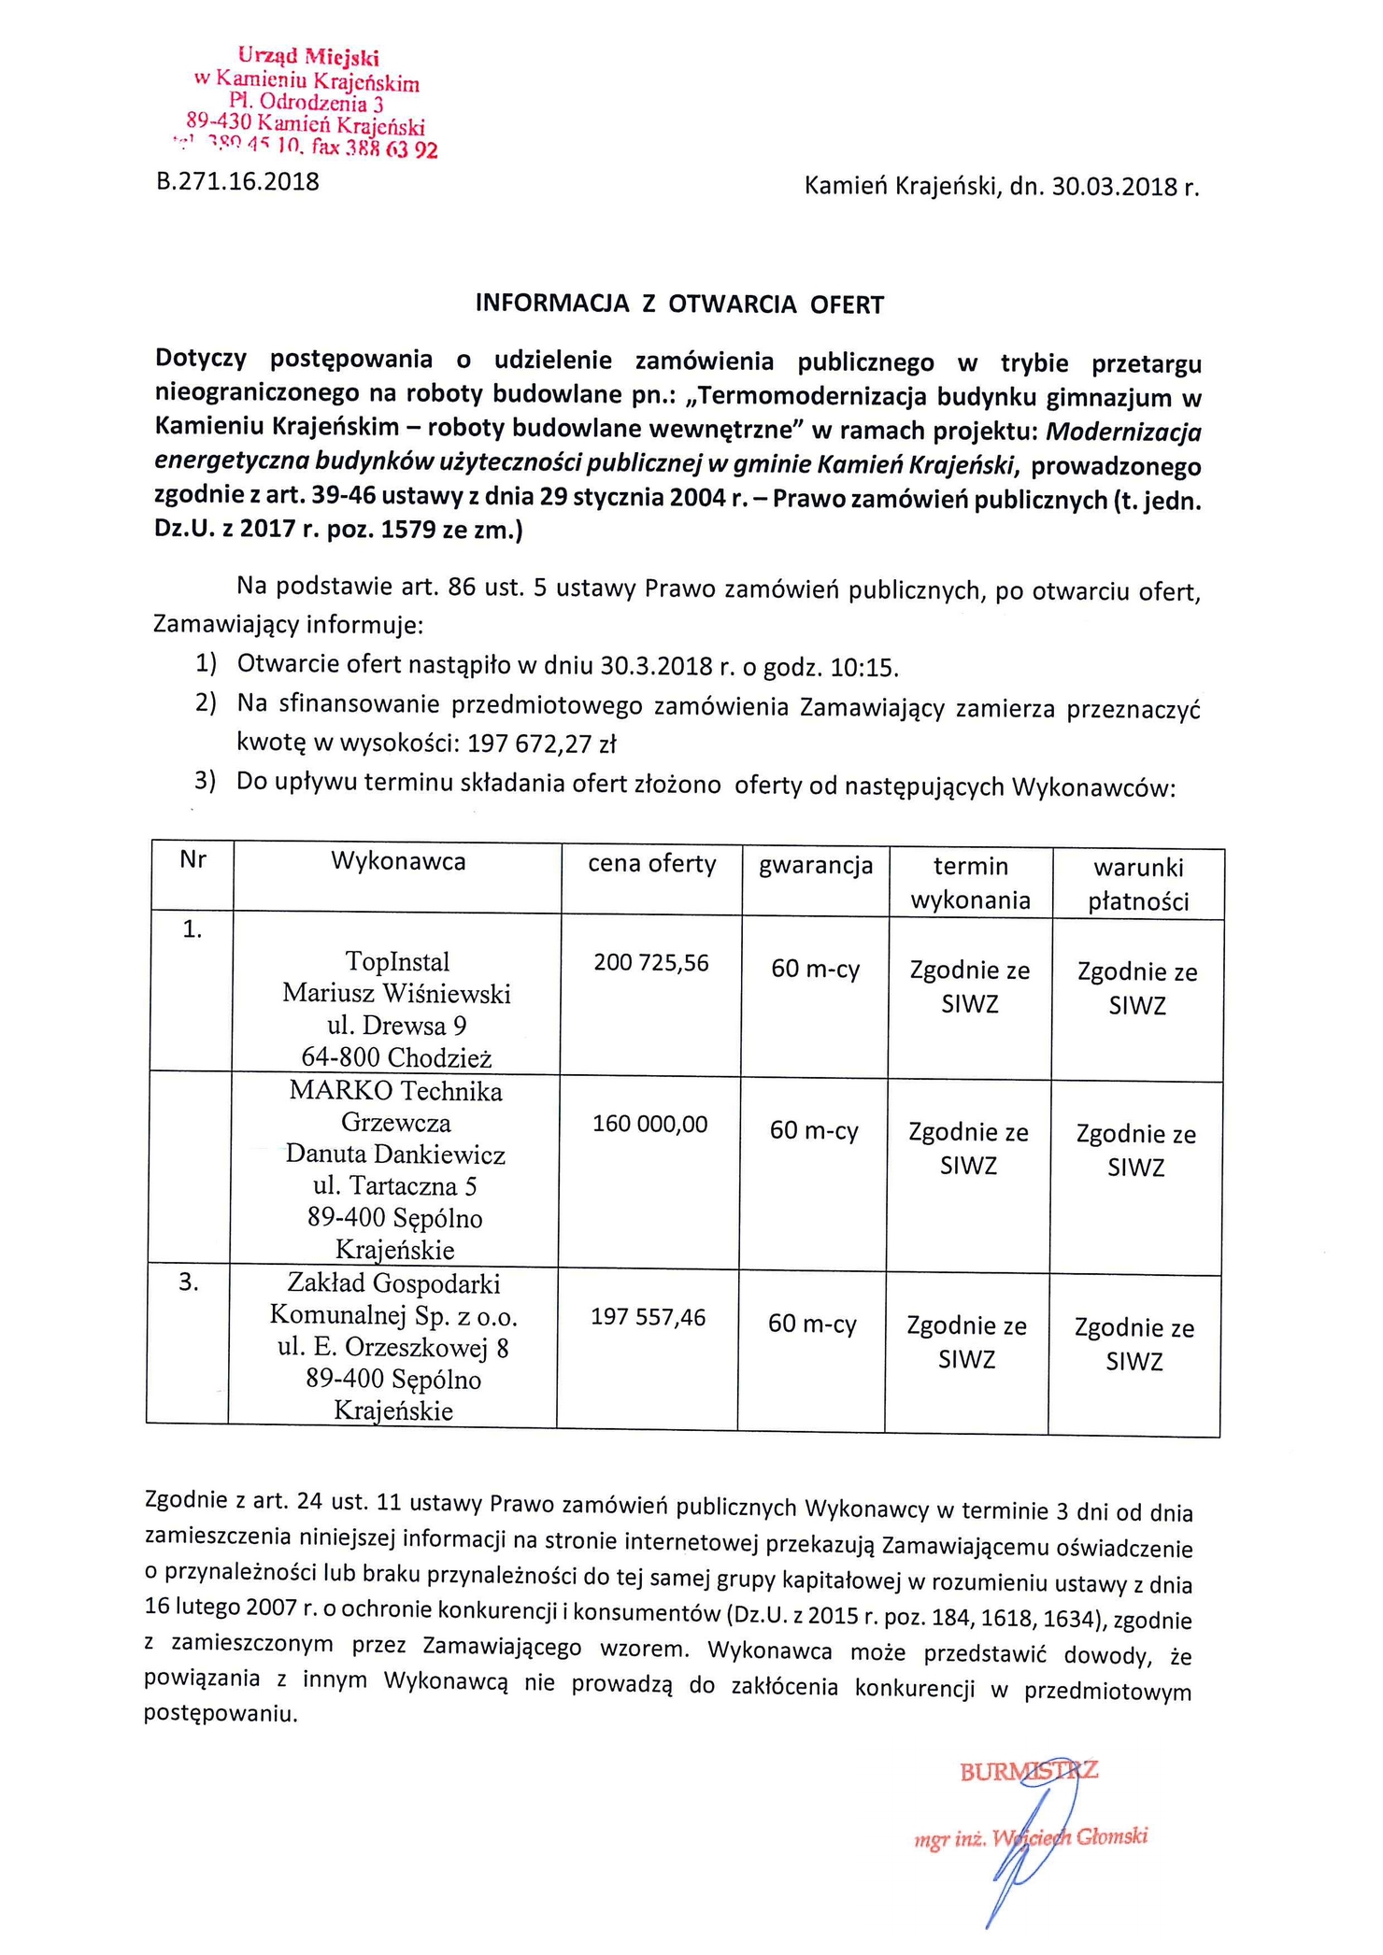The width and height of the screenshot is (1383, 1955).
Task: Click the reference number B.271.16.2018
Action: click(237, 181)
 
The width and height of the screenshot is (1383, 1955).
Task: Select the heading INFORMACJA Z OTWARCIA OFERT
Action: click(679, 305)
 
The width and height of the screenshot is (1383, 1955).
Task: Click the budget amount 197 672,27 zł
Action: click(543, 744)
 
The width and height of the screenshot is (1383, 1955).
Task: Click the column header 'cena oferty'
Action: click(651, 864)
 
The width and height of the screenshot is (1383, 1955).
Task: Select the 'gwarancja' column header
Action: click(816, 866)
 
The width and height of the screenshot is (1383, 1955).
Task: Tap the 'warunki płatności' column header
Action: click(1138, 884)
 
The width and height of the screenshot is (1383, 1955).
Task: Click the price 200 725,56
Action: click(651, 963)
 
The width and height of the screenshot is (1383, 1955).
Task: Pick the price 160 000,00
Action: click(649, 1124)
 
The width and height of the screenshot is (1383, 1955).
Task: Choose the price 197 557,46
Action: click(648, 1318)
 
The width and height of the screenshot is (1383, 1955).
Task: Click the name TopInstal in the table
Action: click(397, 961)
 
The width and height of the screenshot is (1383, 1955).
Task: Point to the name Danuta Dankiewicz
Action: click(395, 1155)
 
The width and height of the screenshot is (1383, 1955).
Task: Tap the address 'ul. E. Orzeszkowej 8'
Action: click(392, 1348)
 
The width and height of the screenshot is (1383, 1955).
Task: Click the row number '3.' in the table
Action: click(189, 1282)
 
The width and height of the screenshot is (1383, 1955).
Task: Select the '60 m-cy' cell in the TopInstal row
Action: click(815, 970)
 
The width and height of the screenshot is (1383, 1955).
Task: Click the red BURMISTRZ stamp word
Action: click(1028, 1771)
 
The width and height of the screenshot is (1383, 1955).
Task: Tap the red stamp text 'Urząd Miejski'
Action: click(308, 58)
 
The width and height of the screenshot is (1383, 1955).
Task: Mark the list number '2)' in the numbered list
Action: click(206, 702)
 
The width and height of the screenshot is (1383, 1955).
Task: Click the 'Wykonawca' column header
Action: click(398, 861)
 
